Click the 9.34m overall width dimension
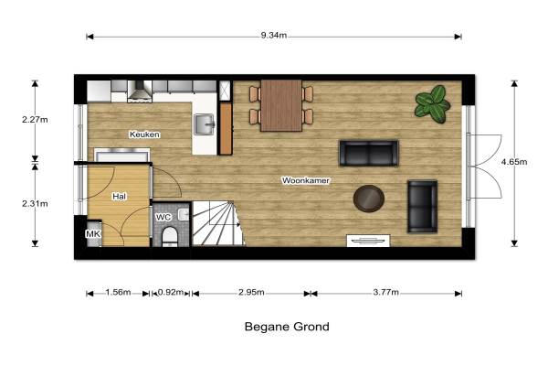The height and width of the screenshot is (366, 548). pos(274,36)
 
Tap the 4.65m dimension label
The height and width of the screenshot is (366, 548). pos(514,162)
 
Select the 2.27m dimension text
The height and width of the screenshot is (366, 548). pos(35,120)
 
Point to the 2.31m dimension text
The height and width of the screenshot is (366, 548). pos(35,203)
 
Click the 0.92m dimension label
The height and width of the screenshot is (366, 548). pos(171,292)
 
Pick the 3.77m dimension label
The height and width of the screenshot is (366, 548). pos(385,292)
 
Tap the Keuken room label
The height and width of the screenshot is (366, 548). pos(144,135)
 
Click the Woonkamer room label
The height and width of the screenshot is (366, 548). pos(306,181)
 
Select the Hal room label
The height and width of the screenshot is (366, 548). pos(119,197)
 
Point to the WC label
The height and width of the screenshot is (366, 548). pos(163,217)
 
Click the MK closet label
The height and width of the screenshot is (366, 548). pos(93,233)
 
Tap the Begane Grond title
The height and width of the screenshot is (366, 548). pos(287,327)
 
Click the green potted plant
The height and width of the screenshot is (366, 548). pos(432,104)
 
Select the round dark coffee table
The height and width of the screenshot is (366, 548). pos(369,199)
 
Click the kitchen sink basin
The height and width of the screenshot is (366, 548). pos(205,124)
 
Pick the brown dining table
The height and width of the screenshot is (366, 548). pos(281,106)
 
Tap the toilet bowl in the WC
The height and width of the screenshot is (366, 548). pos(170,236)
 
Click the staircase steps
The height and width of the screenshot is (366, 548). pos(217,223)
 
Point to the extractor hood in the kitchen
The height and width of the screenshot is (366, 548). pos(140,91)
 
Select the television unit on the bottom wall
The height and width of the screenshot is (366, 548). pos(368,241)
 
